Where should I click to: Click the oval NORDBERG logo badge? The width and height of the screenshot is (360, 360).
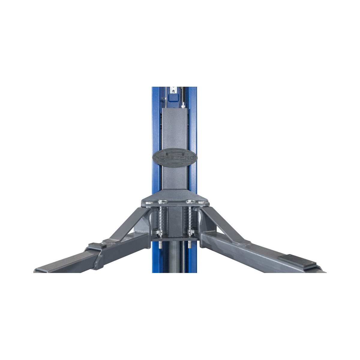tap(175, 158)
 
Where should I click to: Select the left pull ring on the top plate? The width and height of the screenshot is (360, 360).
tap(162, 201)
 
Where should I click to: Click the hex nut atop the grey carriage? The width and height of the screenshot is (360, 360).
tap(183, 106)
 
